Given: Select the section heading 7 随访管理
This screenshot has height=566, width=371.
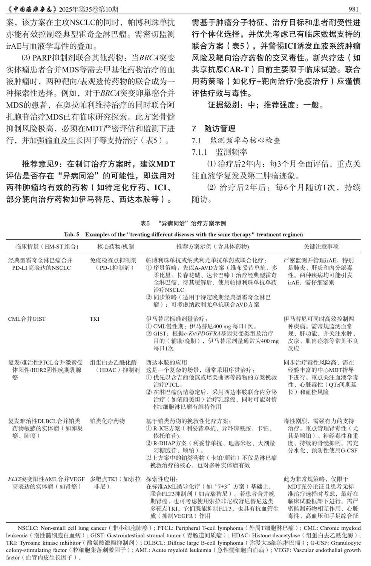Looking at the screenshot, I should (x=214, y=128).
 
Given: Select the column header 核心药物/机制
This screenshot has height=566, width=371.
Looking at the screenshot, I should (x=115, y=246).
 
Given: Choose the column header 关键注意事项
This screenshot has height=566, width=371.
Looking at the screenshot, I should (x=321, y=246).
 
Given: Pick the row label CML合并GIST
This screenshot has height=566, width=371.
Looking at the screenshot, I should (x=27, y=319).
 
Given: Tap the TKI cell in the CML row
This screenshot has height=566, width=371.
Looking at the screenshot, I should (x=95, y=319).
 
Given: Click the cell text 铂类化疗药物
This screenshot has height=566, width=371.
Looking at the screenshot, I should (x=107, y=421).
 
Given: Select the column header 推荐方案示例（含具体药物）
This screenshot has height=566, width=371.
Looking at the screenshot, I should (x=213, y=246).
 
